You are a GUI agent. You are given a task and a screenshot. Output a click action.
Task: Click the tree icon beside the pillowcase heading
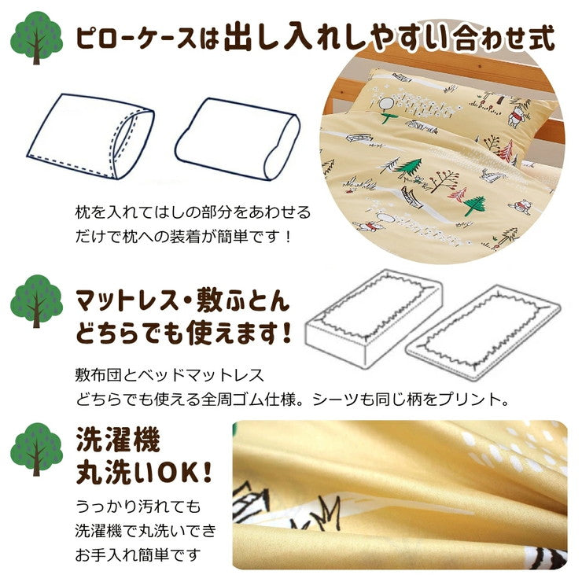coord(36,38)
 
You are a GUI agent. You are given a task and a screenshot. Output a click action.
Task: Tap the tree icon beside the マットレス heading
coord(36,301)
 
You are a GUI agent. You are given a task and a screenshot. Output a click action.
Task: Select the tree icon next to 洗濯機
coord(36,449)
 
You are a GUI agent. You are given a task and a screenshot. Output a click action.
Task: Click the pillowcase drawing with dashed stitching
coord(91,137)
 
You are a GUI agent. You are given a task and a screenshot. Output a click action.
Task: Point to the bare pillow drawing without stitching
coord(238,139)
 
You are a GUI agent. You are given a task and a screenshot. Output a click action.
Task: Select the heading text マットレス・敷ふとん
coord(182,301)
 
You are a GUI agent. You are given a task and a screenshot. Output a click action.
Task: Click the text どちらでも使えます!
coord(184,332)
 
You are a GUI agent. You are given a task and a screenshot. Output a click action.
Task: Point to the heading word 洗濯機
coord(118,440)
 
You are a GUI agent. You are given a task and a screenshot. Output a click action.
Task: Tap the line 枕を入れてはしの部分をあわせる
coord(193,212)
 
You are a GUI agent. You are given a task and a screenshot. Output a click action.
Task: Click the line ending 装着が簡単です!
coord(184,236)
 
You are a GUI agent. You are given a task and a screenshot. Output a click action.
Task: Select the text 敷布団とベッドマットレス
coord(170,375)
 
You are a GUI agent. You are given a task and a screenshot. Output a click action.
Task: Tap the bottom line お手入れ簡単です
coord(138,555)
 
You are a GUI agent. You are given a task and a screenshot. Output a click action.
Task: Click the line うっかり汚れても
coord(138,506)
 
